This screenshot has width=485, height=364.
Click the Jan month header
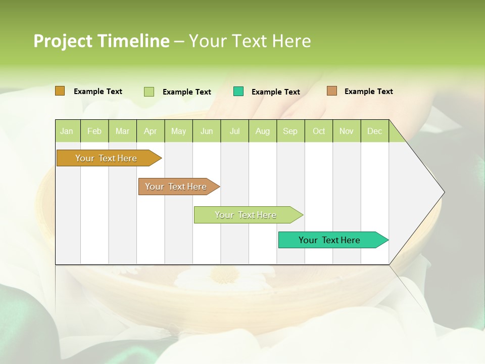pyautogui.click(x=67, y=131)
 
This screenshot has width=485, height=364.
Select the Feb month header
pyautogui.click(x=94, y=131)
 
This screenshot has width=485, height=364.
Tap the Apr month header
pyautogui.click(x=151, y=131)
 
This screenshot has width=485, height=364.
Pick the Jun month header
pyautogui.click(x=207, y=131)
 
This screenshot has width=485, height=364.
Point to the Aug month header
pyautogui.click(x=263, y=131)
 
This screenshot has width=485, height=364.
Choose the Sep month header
pyautogui.click(x=290, y=131)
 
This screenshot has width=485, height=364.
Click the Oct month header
pyautogui.click(x=319, y=131)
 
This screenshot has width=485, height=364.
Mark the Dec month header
pyautogui.click(x=375, y=131)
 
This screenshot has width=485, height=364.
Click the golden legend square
pyautogui.click(x=60, y=91)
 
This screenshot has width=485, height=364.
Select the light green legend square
pyautogui.click(x=149, y=92)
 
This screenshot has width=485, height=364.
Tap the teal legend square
pyautogui.click(x=238, y=92)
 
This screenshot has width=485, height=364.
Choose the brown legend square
pyautogui.click(x=332, y=91)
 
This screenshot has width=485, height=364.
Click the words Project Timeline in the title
pyautogui.click(x=101, y=41)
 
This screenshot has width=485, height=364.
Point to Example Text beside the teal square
pyautogui.click(x=276, y=92)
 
